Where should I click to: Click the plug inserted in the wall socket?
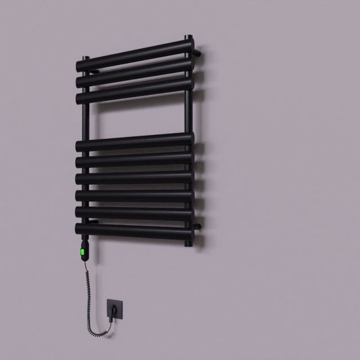click(x=112, y=310)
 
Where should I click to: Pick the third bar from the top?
click(x=135, y=90)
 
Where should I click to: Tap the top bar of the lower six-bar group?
click(x=135, y=141)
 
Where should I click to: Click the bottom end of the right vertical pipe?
click(x=188, y=243)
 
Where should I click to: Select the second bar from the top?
click(x=135, y=72)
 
